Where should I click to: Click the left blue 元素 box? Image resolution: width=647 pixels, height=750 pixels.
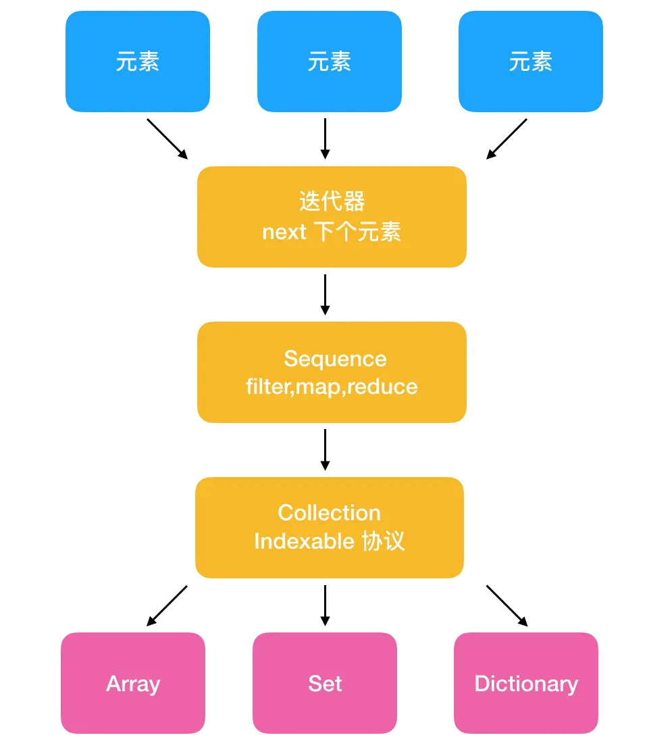coord(138,61)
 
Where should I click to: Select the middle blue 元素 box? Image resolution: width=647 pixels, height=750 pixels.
coord(330,61)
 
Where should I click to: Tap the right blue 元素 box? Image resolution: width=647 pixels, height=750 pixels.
coord(530,61)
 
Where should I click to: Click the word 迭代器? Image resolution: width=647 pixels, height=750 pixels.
coord(332,201)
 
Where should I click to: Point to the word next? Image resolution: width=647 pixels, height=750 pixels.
coord(284,232)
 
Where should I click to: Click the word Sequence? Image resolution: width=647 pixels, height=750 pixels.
coord(335,359)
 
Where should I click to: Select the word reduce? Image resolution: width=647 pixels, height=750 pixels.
coord(382,386)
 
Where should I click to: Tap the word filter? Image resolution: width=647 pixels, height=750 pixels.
coord(268,386)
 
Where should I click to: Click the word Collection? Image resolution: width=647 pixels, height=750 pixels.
coord(330,513)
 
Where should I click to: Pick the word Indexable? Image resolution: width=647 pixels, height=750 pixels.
coord(304,541)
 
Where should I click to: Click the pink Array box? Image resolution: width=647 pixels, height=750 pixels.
coord(133,683)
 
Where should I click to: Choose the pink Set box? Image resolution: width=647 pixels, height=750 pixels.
coord(325,683)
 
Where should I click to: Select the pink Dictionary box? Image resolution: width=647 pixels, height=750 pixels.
coord(526,683)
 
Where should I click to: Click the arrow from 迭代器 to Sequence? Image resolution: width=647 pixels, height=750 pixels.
coord(325,295)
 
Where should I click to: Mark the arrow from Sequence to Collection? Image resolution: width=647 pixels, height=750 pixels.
coord(325,449)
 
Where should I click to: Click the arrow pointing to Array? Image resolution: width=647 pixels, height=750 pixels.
coord(167,605)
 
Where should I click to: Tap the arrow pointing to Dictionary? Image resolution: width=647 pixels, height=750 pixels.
coord(507,605)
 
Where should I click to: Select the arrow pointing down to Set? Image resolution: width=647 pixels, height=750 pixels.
coord(325,605)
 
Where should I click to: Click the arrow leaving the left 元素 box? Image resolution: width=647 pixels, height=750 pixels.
coord(167,139)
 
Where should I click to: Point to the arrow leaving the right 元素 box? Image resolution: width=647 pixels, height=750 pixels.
coord(507,139)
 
